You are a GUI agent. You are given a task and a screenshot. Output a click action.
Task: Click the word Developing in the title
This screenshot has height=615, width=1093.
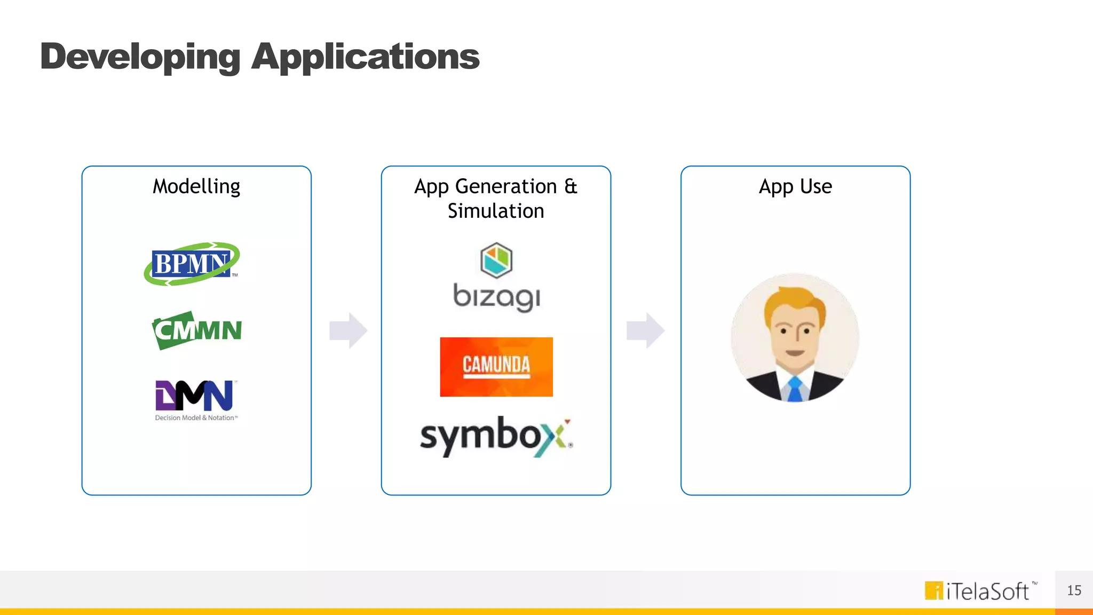(x=140, y=57)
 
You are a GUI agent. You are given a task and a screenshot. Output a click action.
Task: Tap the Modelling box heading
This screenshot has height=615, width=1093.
(x=196, y=186)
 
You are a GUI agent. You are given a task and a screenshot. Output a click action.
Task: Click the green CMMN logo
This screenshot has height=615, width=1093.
(x=197, y=330)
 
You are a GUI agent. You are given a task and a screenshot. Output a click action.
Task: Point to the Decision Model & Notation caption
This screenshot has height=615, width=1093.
(x=196, y=418)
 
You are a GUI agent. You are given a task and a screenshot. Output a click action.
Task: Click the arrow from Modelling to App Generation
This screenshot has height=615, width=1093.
(x=348, y=330)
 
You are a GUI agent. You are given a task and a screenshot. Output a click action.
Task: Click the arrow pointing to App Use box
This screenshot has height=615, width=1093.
(x=645, y=330)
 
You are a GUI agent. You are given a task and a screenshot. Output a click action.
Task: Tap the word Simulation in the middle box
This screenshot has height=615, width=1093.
(x=496, y=211)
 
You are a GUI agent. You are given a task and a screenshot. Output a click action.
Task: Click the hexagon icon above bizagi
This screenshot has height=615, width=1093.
(x=496, y=261)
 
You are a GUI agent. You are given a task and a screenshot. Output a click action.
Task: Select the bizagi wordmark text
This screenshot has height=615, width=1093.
(x=496, y=296)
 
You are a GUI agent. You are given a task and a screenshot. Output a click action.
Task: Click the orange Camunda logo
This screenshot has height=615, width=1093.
(x=496, y=367)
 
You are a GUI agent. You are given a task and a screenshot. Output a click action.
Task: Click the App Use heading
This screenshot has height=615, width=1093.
(x=795, y=186)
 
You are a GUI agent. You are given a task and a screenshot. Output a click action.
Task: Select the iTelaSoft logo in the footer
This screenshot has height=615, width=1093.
(x=980, y=591)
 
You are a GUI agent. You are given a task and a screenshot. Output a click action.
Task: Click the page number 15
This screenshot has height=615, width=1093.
(x=1074, y=590)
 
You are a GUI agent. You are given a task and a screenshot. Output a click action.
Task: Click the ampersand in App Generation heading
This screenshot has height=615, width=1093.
(x=571, y=186)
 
